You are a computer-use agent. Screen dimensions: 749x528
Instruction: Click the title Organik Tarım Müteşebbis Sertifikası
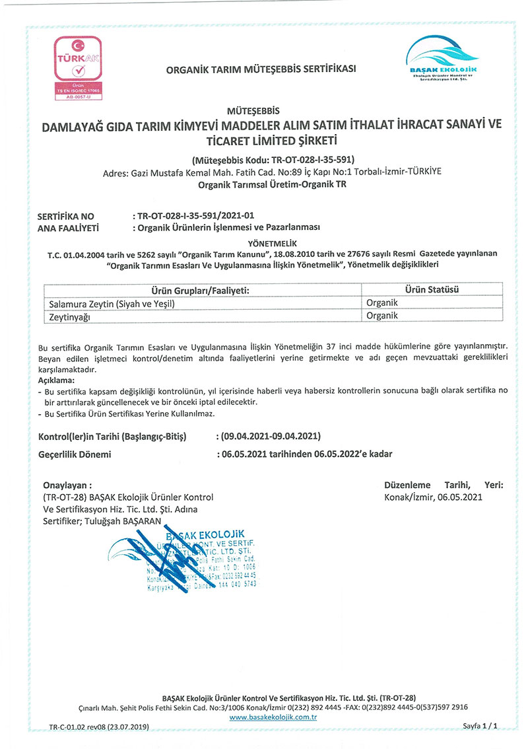(x=261, y=69)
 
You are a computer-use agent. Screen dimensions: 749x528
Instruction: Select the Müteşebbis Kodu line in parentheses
(x=273, y=159)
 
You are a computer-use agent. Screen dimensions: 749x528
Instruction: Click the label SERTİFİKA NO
(x=67, y=216)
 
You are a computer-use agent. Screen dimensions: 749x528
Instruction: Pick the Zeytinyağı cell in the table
(x=73, y=317)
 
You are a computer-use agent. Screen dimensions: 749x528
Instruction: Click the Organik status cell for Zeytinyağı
(x=382, y=316)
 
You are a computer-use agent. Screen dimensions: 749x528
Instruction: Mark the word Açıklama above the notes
(x=57, y=381)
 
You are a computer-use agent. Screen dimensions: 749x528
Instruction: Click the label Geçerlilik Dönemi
(x=75, y=454)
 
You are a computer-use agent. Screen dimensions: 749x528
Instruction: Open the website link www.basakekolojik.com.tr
(x=274, y=717)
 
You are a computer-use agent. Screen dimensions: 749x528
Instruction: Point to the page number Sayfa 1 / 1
(x=479, y=726)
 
